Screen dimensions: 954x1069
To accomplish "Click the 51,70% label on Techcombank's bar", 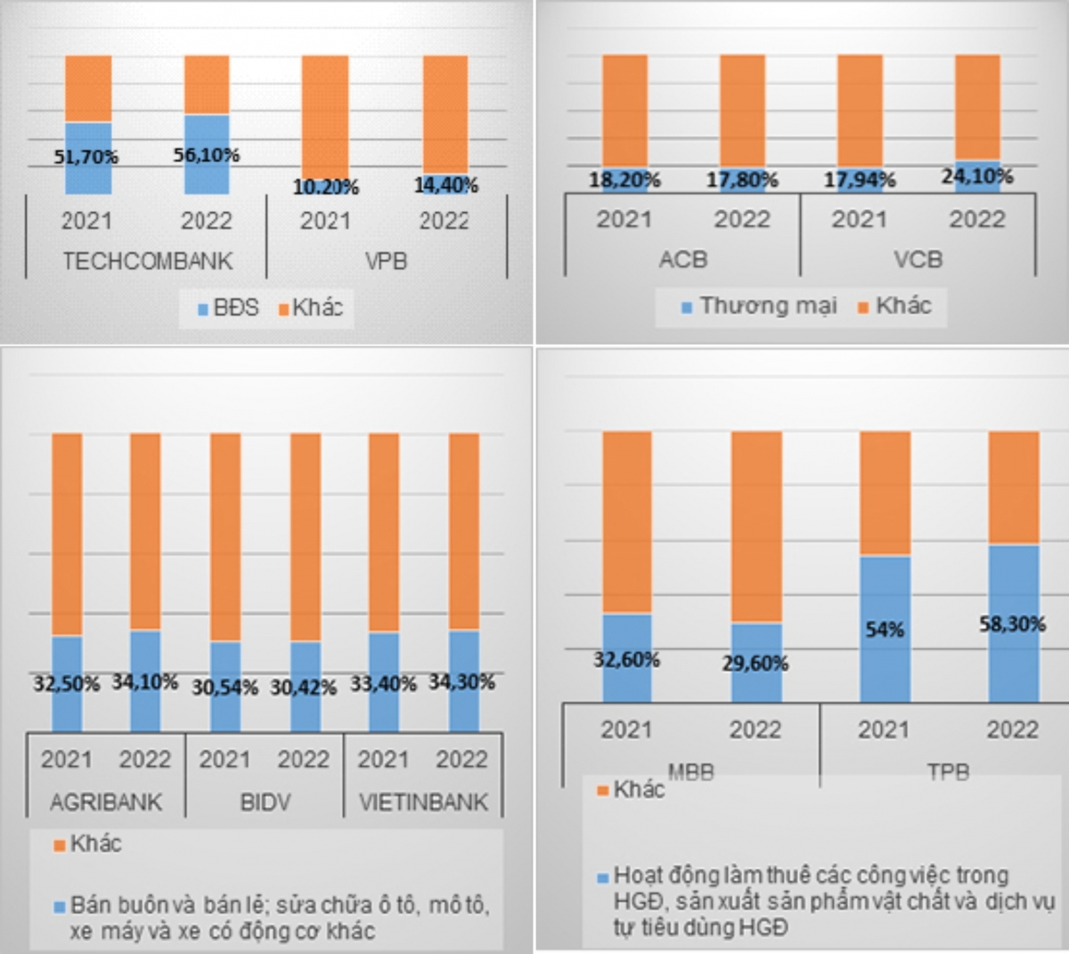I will pyautogui.click(x=86, y=157).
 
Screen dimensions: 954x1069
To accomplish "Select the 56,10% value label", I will pyautogui.click(x=208, y=155).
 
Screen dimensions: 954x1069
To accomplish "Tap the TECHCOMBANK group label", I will pyautogui.click(x=147, y=261).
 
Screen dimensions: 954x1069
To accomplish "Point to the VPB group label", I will pyautogui.click(x=385, y=261).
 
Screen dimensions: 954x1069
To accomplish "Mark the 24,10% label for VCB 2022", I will pyautogui.click(x=977, y=176).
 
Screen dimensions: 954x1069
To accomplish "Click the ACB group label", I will pyautogui.click(x=682, y=259).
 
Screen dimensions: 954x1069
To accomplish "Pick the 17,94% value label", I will pyautogui.click(x=860, y=180).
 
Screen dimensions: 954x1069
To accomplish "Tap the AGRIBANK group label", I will pyautogui.click(x=106, y=802).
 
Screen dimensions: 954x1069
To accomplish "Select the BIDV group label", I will pyautogui.click(x=265, y=802).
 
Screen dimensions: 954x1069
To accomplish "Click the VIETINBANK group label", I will pyautogui.click(x=423, y=802).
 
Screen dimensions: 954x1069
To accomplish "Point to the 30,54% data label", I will pyautogui.click(x=225, y=687).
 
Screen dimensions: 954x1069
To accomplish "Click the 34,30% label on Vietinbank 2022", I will pyautogui.click(x=462, y=682).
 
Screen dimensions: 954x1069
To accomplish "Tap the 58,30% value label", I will pyautogui.click(x=1013, y=624).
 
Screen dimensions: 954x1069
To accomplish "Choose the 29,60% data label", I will pyautogui.click(x=755, y=664).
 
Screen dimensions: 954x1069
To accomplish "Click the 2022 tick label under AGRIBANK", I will pyautogui.click(x=145, y=760).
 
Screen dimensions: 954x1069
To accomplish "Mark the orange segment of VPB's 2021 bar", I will pyautogui.click(x=325, y=116).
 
